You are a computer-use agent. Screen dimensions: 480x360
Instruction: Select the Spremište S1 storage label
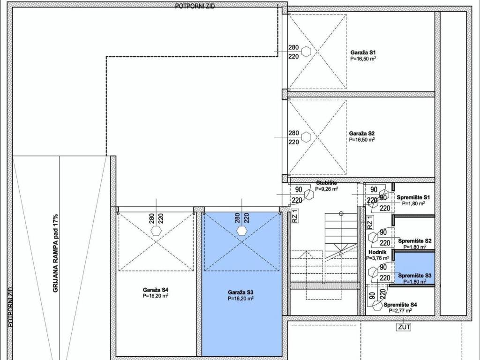tap(413, 197)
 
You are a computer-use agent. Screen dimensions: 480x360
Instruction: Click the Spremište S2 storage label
tap(415, 241)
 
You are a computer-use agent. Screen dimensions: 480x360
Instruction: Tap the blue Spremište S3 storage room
tap(415, 268)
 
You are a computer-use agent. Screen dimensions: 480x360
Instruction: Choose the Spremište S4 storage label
tap(400, 305)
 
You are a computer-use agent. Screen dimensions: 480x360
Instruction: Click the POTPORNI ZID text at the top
tap(195, 6)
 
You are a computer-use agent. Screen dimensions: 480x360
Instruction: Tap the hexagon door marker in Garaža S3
tap(242, 231)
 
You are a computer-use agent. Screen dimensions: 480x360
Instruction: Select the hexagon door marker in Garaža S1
tap(306, 52)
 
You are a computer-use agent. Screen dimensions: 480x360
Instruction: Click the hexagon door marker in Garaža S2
tap(306, 137)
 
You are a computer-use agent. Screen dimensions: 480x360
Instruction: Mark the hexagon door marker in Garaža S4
tap(157, 231)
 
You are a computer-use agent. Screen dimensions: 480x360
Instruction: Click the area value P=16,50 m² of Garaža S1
tap(363, 59)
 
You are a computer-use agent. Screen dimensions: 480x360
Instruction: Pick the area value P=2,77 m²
tap(400, 310)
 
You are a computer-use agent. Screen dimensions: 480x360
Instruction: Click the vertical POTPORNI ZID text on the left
tap(10, 307)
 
